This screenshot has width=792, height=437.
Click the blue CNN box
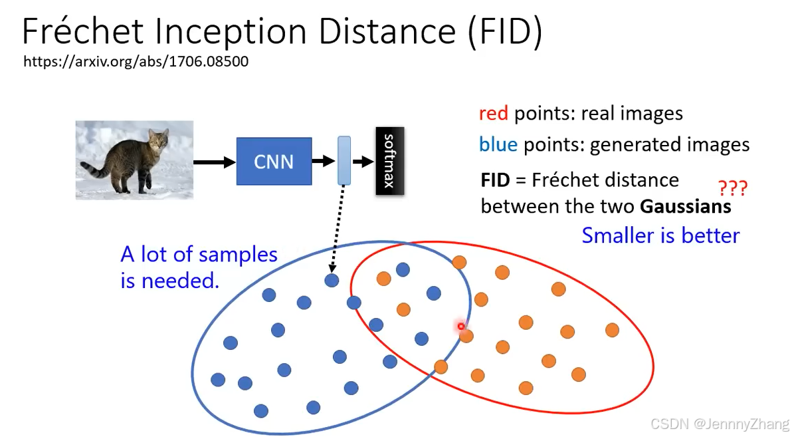pos(274,162)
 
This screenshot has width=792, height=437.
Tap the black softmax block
pos(389,161)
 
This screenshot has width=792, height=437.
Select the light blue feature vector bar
pos(344,160)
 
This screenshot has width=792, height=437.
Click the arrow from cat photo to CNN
pos(215,162)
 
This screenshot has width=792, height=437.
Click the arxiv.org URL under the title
pos(136,62)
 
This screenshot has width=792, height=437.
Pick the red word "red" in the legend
pos(493,113)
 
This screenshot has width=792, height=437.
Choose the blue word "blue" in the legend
pos(498,144)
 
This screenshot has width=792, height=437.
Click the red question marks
pos(732,188)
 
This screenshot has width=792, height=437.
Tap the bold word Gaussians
pos(686,207)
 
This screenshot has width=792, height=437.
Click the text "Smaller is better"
pos(660,235)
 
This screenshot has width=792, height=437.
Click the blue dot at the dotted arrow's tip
pos(332,280)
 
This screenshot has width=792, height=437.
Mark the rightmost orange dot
pos(612,331)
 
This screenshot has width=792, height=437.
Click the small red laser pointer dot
pos(460,326)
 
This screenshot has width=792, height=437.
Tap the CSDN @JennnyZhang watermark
pos(720,424)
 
